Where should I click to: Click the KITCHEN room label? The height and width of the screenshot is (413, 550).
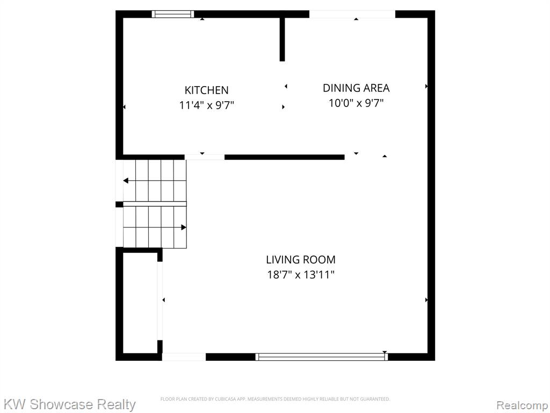[x=207, y=90]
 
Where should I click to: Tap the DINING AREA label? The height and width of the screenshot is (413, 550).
[x=356, y=88]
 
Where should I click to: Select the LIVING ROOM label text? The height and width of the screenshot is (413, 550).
[x=301, y=260]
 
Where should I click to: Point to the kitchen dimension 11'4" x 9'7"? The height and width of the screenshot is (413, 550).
[x=207, y=105]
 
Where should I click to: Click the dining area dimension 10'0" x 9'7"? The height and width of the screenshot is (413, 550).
[x=356, y=103]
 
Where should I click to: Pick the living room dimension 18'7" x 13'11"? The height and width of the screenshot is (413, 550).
[x=301, y=274]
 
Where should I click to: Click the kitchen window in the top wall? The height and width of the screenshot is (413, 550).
[x=172, y=14]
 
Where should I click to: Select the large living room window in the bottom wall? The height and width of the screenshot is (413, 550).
[x=321, y=357]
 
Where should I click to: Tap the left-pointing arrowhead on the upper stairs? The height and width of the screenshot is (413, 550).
[x=126, y=181]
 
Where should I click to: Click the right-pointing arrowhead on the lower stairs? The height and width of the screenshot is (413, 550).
[x=184, y=227]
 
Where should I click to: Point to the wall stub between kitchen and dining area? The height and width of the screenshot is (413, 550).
[x=282, y=39]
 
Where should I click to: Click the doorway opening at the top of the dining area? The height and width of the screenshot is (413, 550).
[x=352, y=14]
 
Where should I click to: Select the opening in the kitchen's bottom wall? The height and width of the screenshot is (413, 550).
[x=205, y=157]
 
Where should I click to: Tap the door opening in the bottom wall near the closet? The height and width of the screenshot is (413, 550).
[x=184, y=357]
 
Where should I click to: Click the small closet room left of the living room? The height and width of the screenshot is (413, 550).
[x=140, y=303]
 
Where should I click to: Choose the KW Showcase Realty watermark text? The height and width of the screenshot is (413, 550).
[x=69, y=404]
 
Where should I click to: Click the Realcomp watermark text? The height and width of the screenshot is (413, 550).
[x=522, y=405]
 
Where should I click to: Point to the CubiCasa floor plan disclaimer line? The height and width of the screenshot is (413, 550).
[x=275, y=399]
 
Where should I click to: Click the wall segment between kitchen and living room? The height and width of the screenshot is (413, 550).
[x=285, y=157]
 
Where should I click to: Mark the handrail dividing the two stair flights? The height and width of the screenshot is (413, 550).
[x=155, y=204]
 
